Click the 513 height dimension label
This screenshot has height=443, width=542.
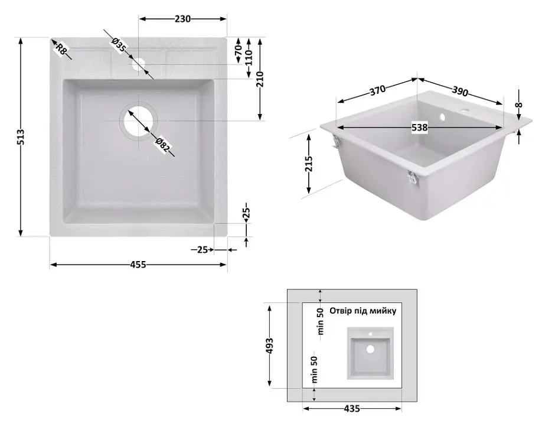(21, 137)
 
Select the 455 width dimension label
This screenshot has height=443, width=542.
(138, 265)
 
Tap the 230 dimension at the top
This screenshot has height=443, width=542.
(182, 19)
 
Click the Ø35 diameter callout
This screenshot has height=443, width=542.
(119, 45)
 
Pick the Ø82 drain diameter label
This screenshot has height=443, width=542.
(162, 145)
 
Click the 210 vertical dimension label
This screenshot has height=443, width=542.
(260, 79)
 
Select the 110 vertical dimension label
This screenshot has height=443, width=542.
(249, 57)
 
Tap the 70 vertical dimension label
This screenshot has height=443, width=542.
(238, 50)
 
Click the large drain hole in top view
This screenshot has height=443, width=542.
(138, 120)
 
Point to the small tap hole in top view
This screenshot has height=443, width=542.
(138, 64)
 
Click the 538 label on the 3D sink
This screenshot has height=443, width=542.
(419, 128)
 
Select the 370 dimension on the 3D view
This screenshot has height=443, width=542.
(377, 90)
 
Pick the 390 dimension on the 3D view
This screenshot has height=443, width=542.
(460, 91)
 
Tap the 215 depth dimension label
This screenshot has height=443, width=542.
(309, 164)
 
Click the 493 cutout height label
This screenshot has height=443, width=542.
(269, 346)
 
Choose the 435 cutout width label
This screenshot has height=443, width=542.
(352, 409)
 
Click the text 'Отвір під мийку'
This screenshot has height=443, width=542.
(363, 311)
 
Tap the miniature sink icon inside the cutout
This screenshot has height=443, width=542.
(370, 353)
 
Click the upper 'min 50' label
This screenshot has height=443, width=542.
(321, 321)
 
